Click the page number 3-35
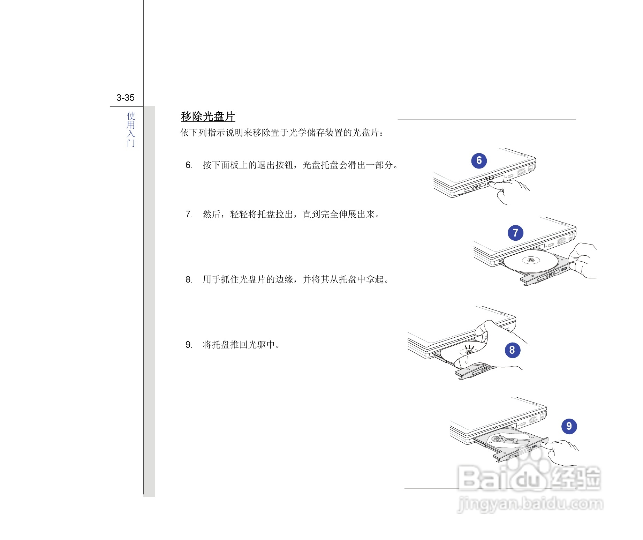click(125, 98)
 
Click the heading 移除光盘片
click(208, 117)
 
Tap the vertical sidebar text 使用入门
click(131, 129)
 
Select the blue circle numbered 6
click(479, 160)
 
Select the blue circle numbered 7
click(515, 233)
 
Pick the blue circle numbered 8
click(512, 350)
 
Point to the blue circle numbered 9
click(569, 426)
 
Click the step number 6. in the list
click(189, 165)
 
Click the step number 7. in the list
click(189, 214)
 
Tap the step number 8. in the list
click(189, 279)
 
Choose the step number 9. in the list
click(189, 345)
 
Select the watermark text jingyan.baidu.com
click(530, 504)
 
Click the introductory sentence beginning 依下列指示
click(282, 133)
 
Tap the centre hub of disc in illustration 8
click(469, 352)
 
